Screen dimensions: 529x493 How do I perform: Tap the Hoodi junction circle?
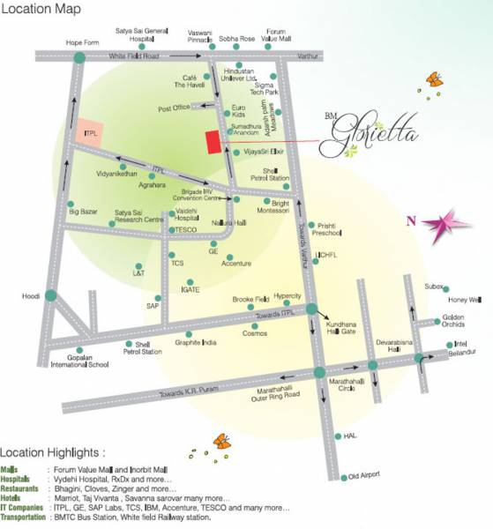tap(51, 295)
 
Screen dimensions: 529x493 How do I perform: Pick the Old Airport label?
tap(363, 475)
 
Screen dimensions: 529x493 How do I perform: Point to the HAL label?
tap(350, 436)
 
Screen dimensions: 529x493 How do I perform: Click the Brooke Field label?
tap(250, 300)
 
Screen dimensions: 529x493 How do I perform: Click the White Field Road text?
tap(132, 56)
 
